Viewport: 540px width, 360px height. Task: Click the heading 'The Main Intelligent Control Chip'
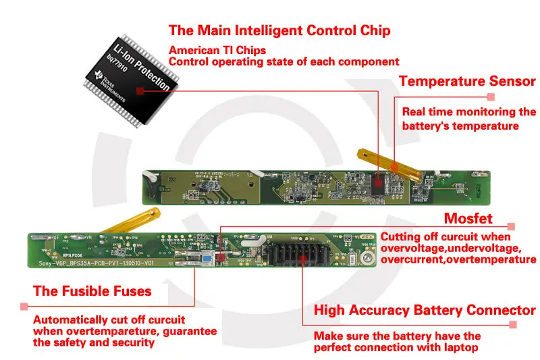pos(279,30)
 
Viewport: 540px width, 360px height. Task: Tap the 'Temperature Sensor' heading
pos(467,82)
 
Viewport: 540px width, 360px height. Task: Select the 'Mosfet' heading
pos(468,219)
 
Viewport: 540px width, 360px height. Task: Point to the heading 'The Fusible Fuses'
pos(92,292)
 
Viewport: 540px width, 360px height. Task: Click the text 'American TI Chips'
pos(217,50)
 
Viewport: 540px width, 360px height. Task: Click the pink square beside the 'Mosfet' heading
pos(511,226)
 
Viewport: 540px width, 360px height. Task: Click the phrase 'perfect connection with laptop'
pos(397,348)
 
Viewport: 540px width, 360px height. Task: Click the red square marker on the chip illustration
pos(140,91)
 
